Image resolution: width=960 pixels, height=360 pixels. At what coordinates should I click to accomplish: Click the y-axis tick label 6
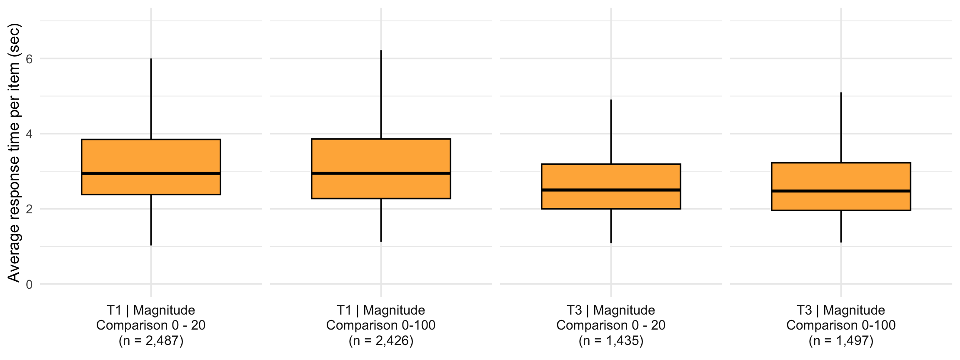point(29,59)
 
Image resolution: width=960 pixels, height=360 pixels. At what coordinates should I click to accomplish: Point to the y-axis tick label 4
point(29,134)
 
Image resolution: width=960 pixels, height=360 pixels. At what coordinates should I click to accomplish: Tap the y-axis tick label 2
point(29,209)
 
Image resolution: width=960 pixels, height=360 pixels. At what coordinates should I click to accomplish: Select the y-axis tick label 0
point(29,285)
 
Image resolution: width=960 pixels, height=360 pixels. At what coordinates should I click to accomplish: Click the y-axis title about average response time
point(14,153)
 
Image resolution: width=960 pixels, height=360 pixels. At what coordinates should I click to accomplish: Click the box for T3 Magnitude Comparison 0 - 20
point(611,177)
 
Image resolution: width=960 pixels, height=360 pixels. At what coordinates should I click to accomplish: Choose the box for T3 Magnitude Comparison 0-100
point(841,177)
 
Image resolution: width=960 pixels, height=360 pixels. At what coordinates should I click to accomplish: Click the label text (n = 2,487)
point(151,341)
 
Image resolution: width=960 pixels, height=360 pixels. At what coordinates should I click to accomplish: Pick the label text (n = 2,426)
point(381,341)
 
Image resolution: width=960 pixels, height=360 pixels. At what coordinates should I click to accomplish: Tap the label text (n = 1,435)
point(611,341)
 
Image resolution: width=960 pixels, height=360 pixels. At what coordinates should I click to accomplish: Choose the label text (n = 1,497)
point(841,341)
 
